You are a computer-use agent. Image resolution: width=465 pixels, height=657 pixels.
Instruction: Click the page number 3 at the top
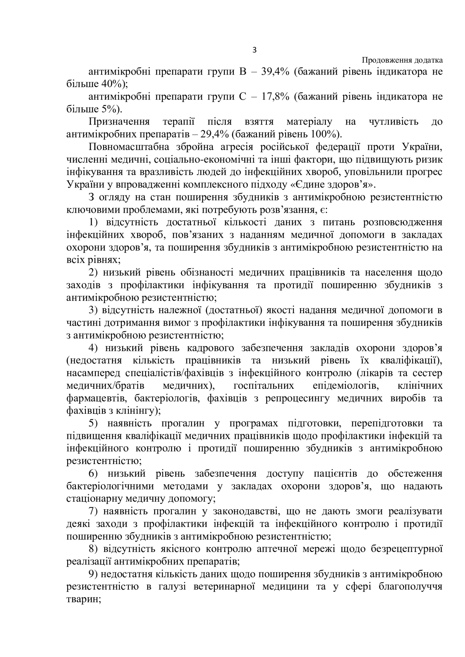point(254,50)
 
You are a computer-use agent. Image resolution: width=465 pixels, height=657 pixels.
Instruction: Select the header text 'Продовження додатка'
point(402,60)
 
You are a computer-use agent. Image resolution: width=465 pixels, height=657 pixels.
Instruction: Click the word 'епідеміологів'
point(344,386)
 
